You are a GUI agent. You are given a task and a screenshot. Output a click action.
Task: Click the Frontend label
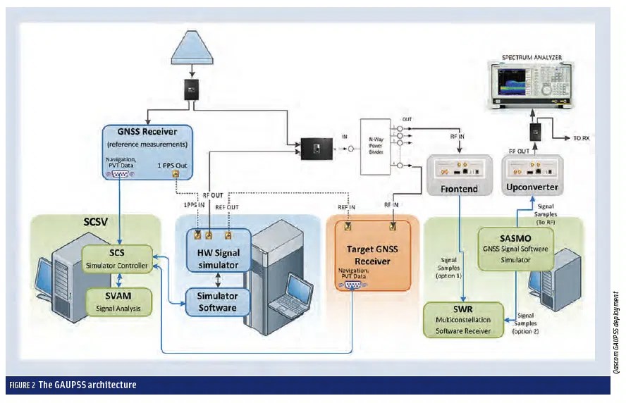tap(460, 190)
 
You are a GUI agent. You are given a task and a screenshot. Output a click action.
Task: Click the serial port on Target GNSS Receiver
tap(351, 286)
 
